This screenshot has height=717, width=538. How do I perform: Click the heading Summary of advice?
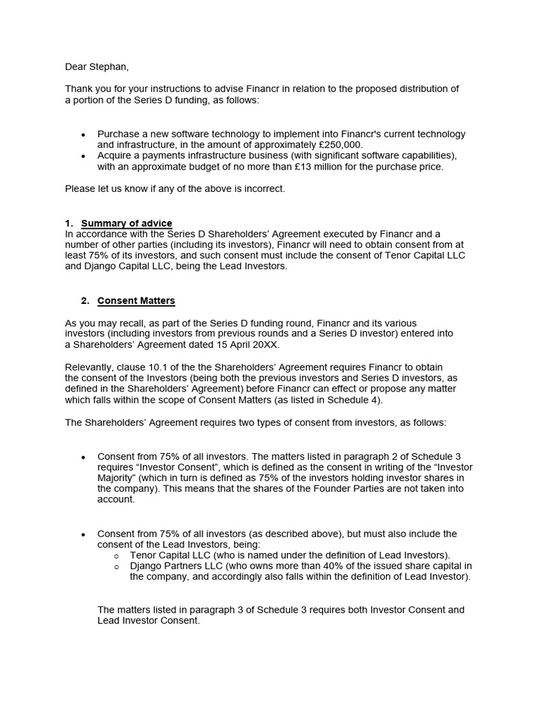pos(127,223)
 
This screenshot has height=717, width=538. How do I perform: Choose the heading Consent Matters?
pos(136,301)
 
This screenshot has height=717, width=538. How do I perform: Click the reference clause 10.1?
pos(140,368)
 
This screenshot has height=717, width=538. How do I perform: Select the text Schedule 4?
pos(354,400)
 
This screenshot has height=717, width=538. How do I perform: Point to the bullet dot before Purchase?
pos(84,134)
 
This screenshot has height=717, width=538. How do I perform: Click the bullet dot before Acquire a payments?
pos(84,156)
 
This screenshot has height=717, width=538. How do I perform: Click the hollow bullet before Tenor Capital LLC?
pos(116,555)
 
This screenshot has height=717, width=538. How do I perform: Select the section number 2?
pos(84,301)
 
